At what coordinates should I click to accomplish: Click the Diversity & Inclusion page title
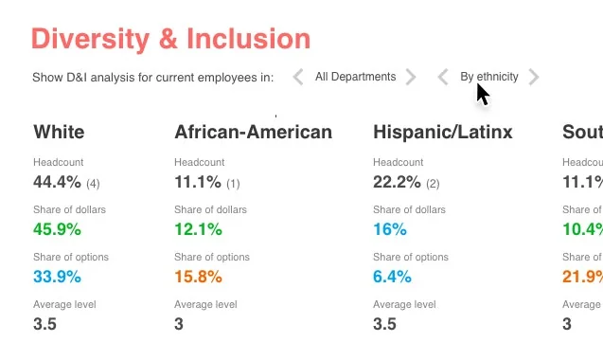[170, 39]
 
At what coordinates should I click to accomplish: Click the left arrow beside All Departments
[297, 77]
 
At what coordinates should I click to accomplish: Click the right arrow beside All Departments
[411, 77]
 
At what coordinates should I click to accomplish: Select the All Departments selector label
[355, 77]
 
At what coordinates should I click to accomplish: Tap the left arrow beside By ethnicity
[442, 77]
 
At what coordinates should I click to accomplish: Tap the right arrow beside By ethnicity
[534, 77]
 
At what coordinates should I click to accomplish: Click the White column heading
[59, 132]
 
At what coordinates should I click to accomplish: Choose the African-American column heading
[253, 132]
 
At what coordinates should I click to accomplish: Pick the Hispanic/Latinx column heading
[443, 132]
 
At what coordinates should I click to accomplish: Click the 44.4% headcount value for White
[57, 181]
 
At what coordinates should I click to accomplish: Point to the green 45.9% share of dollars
[57, 228]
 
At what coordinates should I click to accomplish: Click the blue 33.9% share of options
[57, 277]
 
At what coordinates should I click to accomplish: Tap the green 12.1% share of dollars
[198, 228]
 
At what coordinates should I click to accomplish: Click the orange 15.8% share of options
[198, 277]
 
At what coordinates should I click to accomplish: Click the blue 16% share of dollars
[390, 228]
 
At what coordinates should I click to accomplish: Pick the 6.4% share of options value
[393, 277]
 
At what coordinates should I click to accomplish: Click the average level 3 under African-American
[179, 324]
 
